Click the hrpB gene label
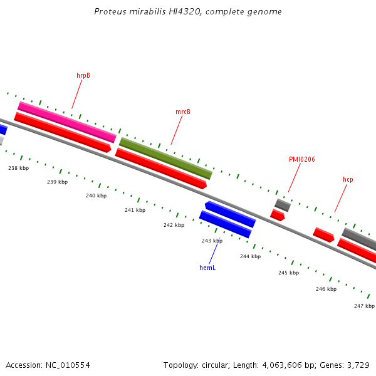(x=83, y=75)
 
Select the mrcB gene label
(x=183, y=112)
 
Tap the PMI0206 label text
(x=301, y=159)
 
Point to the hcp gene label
(x=348, y=179)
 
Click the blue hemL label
(x=207, y=268)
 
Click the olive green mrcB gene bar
(x=165, y=159)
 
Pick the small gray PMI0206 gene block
(x=283, y=205)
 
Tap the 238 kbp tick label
(x=18, y=168)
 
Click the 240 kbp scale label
(x=96, y=196)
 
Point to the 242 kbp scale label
(x=174, y=225)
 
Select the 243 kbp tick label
(x=212, y=241)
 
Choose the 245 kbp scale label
(x=288, y=273)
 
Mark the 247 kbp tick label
(x=364, y=306)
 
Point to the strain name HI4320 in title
(x=183, y=12)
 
